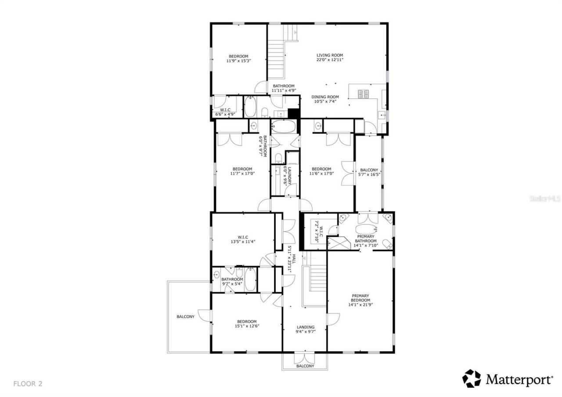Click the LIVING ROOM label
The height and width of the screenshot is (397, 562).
[x=330, y=55]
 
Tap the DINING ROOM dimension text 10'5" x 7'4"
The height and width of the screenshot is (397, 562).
[x=325, y=101]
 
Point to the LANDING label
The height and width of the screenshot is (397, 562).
[x=305, y=327]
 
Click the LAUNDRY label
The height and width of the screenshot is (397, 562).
[x=289, y=169]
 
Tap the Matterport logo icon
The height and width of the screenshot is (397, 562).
[x=472, y=379]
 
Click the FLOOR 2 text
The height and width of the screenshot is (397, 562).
[x=28, y=383]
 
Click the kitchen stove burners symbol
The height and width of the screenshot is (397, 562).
[x=364, y=94]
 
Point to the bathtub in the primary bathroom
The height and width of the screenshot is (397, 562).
[x=366, y=229]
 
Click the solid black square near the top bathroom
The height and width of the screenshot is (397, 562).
[x=293, y=112]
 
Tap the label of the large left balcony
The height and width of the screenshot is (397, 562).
[x=186, y=317]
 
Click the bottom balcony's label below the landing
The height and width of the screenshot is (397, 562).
[x=305, y=366]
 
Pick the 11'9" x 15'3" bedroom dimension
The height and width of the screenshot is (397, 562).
[x=238, y=61]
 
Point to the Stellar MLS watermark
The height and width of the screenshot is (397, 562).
[x=545, y=198]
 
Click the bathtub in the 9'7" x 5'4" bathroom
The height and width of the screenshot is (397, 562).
[x=250, y=279]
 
